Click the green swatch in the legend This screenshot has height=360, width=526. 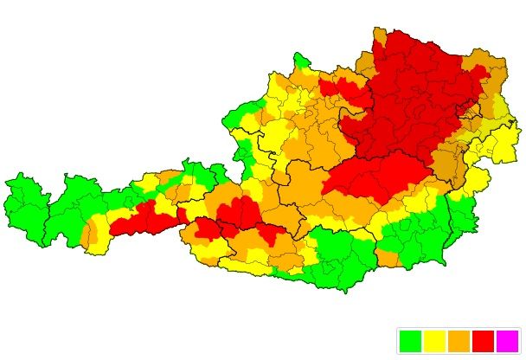[x=411, y=341]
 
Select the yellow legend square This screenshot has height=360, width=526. [x=434, y=341]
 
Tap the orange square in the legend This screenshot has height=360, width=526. [x=459, y=341]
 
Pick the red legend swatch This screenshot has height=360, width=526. [x=483, y=341]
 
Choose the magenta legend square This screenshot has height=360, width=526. [x=507, y=341]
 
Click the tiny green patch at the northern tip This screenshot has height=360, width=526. [x=300, y=61]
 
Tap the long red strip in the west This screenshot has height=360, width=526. [x=143, y=221]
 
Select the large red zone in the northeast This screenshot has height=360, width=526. [x=415, y=95]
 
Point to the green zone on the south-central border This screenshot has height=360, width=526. [x=342, y=260]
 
